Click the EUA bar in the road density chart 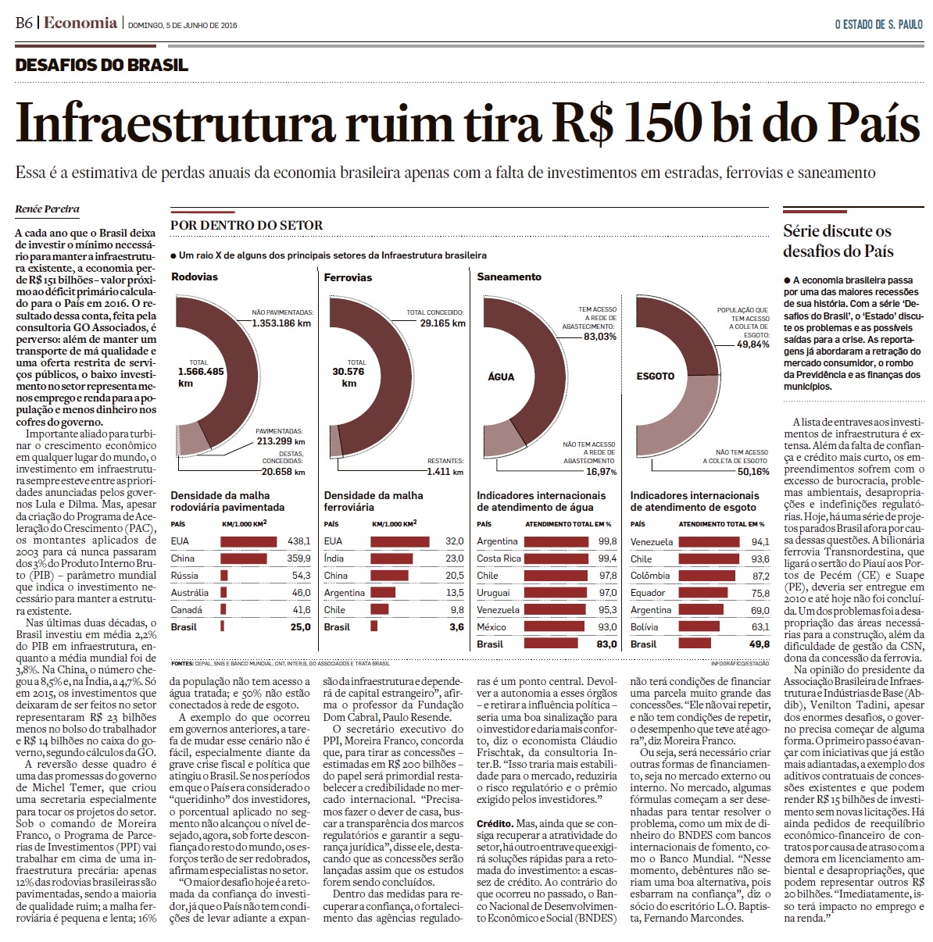248,541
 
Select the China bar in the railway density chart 389,576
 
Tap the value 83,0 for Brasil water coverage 606,644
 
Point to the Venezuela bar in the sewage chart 709,541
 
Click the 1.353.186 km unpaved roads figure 281,323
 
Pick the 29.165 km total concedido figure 442,323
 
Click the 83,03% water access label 600,337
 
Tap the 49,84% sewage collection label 753,344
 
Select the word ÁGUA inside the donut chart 501,377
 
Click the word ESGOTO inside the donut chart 655,376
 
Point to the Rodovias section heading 195,277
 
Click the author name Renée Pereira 47,209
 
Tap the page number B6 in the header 23,23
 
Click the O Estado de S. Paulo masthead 879,24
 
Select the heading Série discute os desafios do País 838,241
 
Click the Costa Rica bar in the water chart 556,558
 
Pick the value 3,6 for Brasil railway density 456,627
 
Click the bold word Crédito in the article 495,824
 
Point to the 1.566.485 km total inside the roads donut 201,377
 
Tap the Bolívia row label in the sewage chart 645,627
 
